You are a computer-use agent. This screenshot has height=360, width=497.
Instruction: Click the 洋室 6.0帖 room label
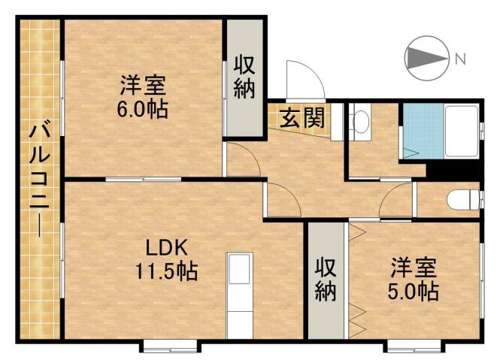pyautogui.click(x=141, y=96)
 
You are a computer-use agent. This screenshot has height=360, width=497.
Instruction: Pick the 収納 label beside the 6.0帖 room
pyautogui.click(x=244, y=77)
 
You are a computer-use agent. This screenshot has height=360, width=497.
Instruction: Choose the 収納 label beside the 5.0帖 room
pyautogui.click(x=325, y=280)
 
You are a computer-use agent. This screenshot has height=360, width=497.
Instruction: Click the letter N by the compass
pyautogui.click(x=460, y=58)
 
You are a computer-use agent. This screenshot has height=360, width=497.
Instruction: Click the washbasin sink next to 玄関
pyautogui.click(x=360, y=123)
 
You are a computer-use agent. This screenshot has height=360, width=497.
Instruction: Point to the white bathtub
pyautogui.click(x=459, y=132)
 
